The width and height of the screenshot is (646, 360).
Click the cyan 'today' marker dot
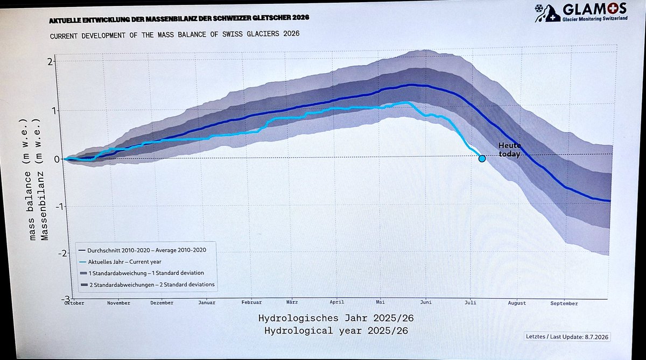[x=482, y=159]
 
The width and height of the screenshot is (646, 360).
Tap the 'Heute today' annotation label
[x=510, y=150]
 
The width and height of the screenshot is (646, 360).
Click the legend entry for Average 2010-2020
[x=143, y=250]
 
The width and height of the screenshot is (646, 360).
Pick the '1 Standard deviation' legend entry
[x=142, y=273]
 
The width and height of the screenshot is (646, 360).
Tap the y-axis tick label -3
[x=66, y=299]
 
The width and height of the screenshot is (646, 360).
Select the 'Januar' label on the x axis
[x=207, y=302]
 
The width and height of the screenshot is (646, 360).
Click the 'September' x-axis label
[x=564, y=303]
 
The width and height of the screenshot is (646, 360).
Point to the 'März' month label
[x=292, y=302]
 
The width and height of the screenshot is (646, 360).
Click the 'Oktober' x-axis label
[x=74, y=303]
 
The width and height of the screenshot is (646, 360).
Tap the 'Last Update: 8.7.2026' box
[x=567, y=337]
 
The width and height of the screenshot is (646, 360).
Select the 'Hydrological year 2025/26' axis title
[x=336, y=330]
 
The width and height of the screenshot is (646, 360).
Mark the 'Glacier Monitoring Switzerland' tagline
[x=595, y=19]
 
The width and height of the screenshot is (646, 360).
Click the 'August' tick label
[x=517, y=303]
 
